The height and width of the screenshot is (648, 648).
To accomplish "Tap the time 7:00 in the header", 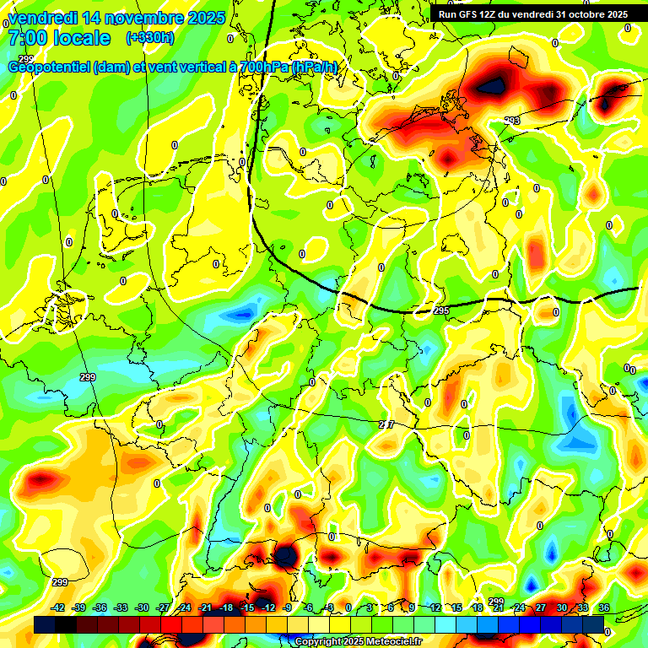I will click(28, 38).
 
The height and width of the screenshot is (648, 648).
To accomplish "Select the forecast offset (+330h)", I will click(150, 38).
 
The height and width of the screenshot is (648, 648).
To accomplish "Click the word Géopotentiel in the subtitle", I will click(49, 67).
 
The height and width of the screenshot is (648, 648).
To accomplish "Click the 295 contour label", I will click(441, 311).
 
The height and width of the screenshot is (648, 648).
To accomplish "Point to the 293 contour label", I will click(512, 121).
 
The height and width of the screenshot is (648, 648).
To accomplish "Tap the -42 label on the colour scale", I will click(58, 607).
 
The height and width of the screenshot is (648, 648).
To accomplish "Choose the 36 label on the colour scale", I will click(604, 607).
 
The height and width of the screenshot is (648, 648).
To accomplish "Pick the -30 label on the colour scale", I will click(142, 607).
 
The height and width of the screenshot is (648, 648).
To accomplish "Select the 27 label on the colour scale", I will click(541, 607).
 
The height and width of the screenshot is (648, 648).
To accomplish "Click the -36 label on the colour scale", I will click(100, 607).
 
